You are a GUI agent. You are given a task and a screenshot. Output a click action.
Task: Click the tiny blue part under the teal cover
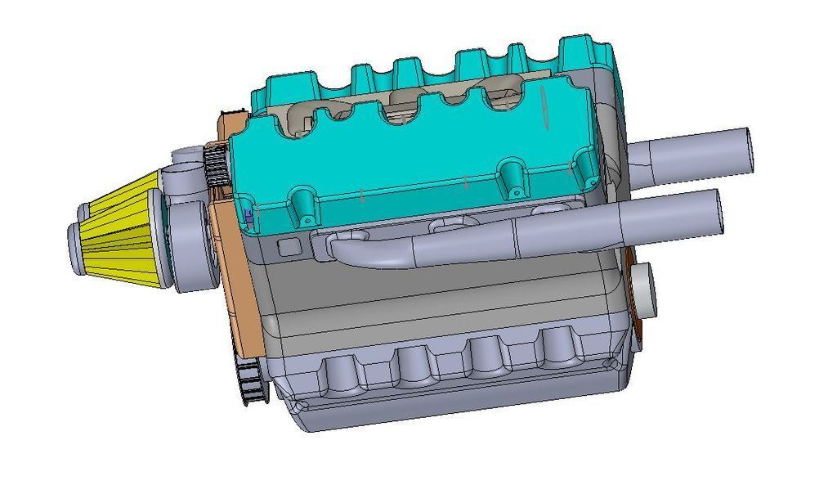coord(248,214)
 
